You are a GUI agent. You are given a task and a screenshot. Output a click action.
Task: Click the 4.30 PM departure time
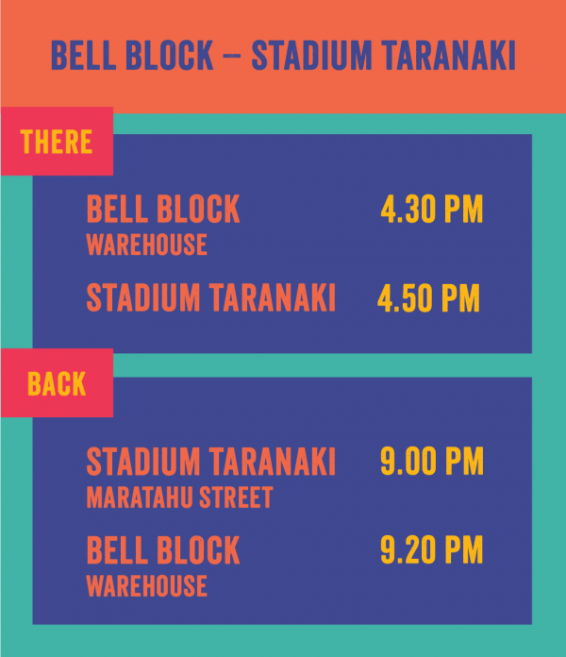click(x=432, y=209)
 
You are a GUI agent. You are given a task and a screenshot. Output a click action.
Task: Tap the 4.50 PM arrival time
click(x=428, y=298)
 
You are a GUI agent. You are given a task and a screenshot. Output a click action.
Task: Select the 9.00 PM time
click(x=432, y=461)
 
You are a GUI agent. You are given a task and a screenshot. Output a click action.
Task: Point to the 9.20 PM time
click(x=432, y=549)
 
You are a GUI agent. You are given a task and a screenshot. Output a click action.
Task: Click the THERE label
click(x=56, y=142)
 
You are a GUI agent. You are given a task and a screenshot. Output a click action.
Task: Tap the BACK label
click(x=57, y=383)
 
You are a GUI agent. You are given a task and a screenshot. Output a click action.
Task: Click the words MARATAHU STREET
click(x=179, y=497)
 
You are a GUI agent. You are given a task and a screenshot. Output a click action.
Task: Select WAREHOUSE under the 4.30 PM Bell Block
click(x=146, y=244)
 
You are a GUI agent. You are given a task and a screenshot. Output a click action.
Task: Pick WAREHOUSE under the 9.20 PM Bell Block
click(x=146, y=585)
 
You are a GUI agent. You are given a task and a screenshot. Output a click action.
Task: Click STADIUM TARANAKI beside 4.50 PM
click(x=211, y=297)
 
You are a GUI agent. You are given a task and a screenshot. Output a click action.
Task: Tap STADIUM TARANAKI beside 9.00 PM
click(x=211, y=461)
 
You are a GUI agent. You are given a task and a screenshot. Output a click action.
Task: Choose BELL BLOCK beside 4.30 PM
click(x=163, y=209)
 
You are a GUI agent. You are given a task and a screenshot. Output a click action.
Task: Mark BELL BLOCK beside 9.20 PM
click(x=163, y=549)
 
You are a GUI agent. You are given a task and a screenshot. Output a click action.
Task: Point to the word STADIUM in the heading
click(x=311, y=56)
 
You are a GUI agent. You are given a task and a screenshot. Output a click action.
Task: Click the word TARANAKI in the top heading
click(x=448, y=56)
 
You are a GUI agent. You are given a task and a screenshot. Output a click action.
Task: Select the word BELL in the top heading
click(x=83, y=56)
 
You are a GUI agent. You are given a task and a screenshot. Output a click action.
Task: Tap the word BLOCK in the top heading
click(x=170, y=56)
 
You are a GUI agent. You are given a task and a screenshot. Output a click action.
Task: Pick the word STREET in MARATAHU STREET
click(x=236, y=497)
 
